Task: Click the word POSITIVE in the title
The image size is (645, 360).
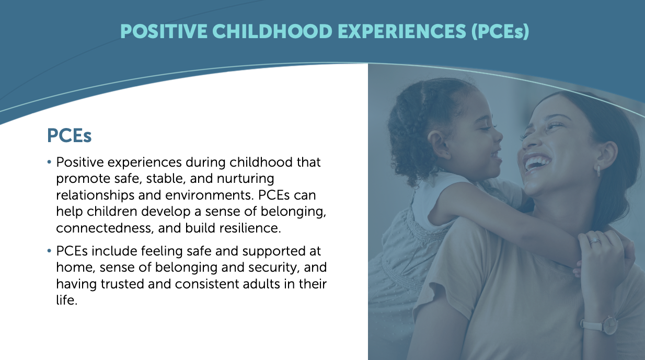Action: [x=164, y=31]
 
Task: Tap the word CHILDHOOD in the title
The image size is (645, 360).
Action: [x=272, y=31]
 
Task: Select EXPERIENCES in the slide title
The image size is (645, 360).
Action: [x=401, y=31]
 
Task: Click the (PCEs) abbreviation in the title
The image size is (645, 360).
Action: [x=500, y=32]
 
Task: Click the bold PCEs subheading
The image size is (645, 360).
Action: [x=69, y=135]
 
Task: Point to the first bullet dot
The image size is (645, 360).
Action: [x=49, y=162]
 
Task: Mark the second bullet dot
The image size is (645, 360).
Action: [x=49, y=251]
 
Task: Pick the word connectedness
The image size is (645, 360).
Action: [x=105, y=228]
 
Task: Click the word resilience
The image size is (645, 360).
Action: [x=250, y=228]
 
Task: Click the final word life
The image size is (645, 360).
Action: [x=67, y=300]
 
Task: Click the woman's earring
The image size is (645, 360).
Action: [x=598, y=171]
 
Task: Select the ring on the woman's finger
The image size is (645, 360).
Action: [x=594, y=241]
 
